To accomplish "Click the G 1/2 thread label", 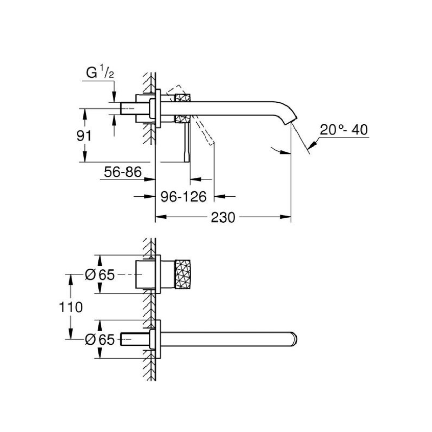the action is tap(100, 72).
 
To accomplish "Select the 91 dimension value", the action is tap(84, 136).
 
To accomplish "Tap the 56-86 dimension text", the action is tap(123, 172).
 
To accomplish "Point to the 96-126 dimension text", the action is tap(184, 197).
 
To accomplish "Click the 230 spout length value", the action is tap(223, 217).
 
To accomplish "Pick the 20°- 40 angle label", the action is tap(344, 130).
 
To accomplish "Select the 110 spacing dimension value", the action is tap(71, 307).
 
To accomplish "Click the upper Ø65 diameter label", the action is tap(100, 274).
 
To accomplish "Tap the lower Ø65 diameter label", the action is tap(100, 340).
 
